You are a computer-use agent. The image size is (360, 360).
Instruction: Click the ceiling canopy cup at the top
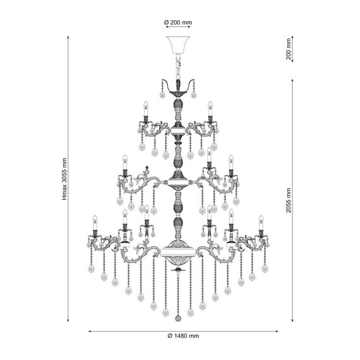(178, 45)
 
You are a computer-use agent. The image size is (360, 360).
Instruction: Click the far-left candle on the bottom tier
(95, 222)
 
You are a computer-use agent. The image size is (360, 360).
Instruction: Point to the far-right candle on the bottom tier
(261, 222)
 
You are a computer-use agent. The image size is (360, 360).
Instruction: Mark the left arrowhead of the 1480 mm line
(89, 331)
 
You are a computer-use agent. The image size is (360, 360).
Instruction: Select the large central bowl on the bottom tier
(178, 253)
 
